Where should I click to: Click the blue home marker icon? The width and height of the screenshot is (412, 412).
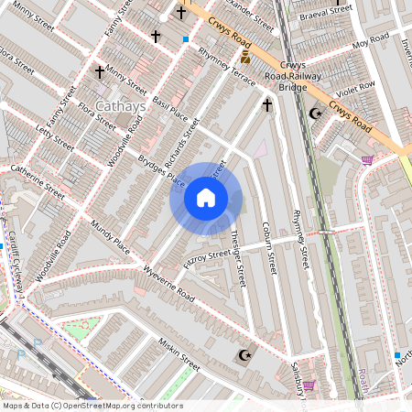(x=206, y=198)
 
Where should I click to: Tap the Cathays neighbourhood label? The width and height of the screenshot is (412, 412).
(x=120, y=107)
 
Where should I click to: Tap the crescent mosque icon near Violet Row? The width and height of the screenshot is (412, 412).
(x=316, y=114)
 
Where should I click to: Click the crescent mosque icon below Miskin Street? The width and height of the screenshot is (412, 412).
(x=244, y=355)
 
